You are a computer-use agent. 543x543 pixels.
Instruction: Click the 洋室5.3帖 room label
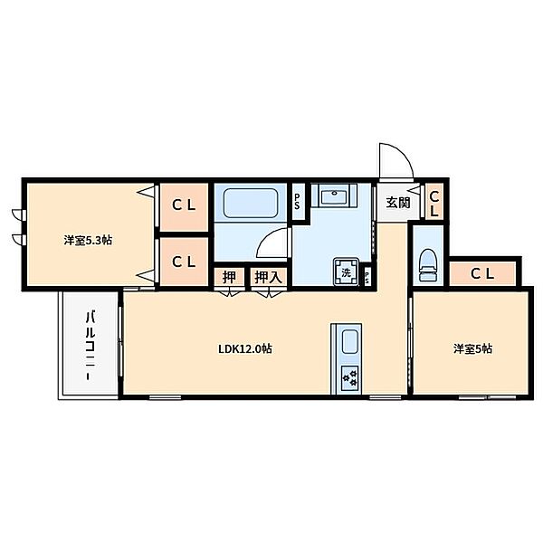click(x=88, y=240)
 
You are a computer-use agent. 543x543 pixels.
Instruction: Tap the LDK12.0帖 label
click(x=245, y=348)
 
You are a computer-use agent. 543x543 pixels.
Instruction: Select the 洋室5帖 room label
click(x=472, y=348)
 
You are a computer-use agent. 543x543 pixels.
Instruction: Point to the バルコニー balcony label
click(x=90, y=347)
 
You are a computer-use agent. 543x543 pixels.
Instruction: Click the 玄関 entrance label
click(x=398, y=203)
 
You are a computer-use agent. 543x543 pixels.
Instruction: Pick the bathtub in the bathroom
click(x=251, y=203)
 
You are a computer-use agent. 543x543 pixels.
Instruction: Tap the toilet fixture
click(x=428, y=265)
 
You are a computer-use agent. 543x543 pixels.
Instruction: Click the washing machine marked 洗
click(x=347, y=272)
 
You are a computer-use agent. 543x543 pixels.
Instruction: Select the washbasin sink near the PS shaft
click(x=334, y=196)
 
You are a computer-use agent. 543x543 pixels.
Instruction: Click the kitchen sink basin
click(x=349, y=341)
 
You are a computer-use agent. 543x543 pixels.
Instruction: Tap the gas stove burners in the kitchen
click(x=349, y=378)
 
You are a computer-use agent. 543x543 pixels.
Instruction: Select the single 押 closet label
click(x=229, y=277)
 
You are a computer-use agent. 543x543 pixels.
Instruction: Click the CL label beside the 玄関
click(x=434, y=204)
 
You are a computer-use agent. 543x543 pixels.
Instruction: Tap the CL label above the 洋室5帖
click(x=482, y=274)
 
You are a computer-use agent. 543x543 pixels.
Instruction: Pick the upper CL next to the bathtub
click(x=184, y=205)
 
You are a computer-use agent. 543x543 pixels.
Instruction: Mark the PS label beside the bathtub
click(x=297, y=201)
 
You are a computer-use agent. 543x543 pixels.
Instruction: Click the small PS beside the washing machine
click(x=367, y=277)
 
